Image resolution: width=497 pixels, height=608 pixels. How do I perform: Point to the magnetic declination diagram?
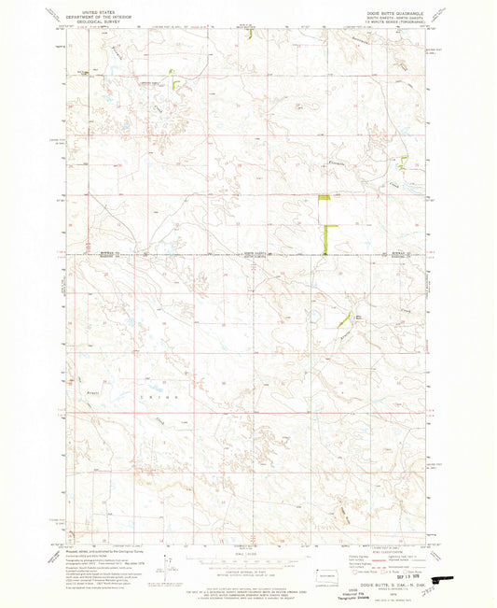169,566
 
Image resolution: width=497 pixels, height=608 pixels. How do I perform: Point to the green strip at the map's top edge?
252,32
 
